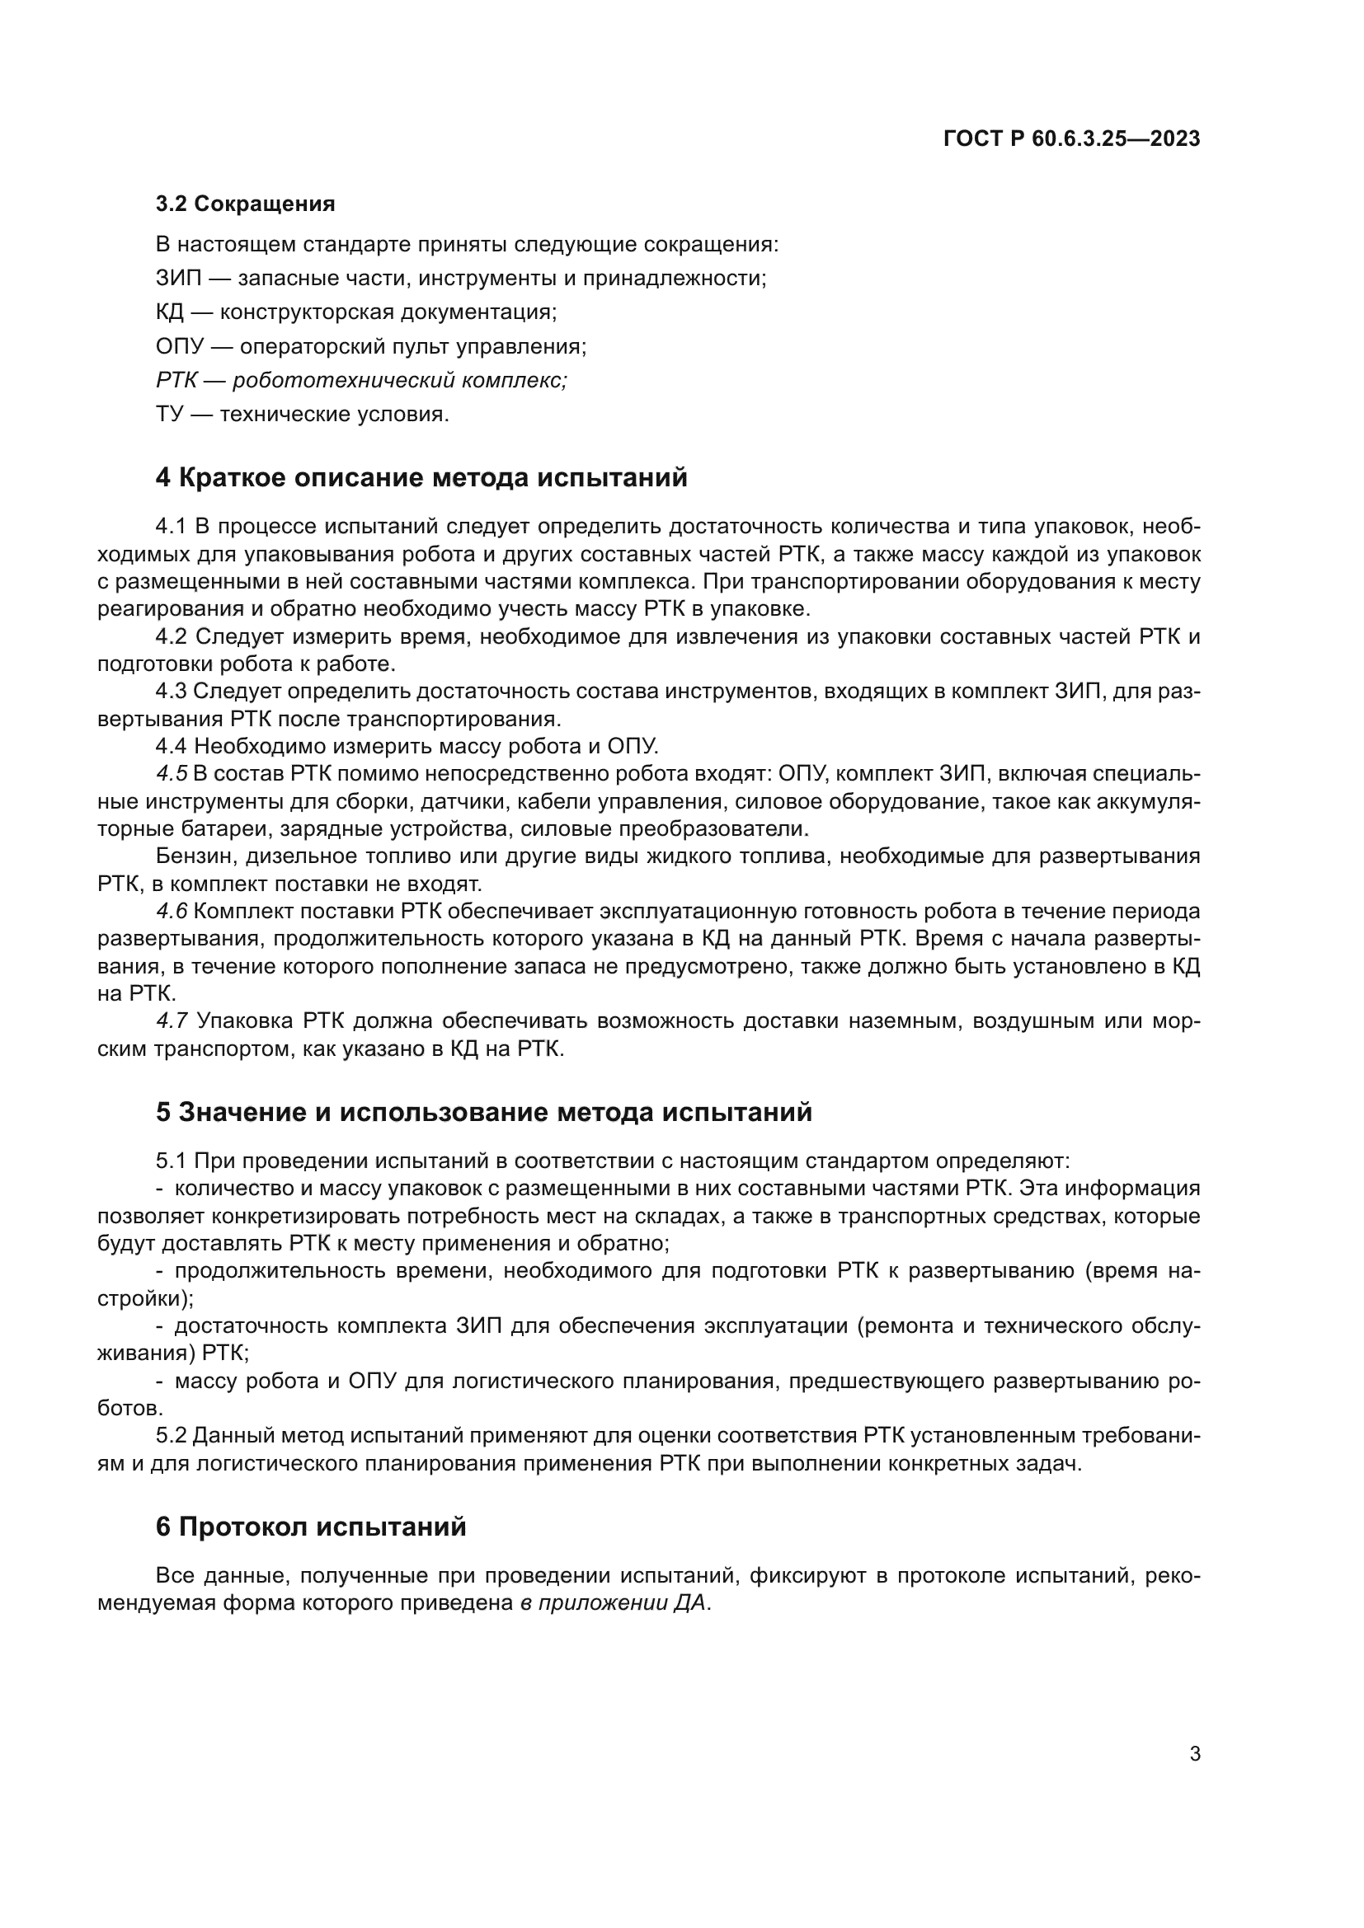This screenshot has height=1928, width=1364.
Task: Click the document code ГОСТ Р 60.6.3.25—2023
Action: (1072, 139)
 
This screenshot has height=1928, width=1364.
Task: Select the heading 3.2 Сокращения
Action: (245, 204)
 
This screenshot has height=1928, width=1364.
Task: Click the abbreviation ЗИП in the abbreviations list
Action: (178, 278)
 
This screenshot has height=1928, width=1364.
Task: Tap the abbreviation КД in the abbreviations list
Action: (170, 312)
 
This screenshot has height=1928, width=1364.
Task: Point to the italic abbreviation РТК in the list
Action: (176, 380)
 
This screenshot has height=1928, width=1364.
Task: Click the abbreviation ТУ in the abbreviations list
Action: (170, 415)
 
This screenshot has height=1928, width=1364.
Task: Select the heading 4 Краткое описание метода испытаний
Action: (421, 478)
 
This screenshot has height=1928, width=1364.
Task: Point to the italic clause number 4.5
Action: (171, 773)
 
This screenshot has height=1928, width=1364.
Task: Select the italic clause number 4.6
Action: (172, 911)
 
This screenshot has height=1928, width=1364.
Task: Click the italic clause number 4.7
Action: (172, 1021)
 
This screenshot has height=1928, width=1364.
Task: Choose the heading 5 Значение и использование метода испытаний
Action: (484, 1113)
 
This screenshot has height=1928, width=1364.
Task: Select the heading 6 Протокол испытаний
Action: (311, 1527)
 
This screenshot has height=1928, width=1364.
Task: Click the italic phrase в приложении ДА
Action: (612, 1603)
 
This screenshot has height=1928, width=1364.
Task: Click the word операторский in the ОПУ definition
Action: (308, 347)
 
